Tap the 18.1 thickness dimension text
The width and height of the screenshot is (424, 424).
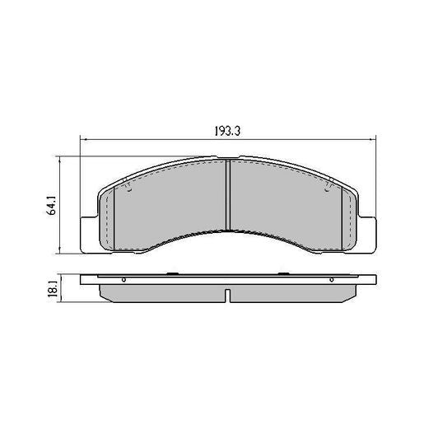point(51,289)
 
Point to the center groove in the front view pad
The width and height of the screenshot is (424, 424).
point(226,194)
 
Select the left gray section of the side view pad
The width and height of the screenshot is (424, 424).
point(161,292)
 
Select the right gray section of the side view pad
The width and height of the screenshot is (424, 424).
point(292,292)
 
